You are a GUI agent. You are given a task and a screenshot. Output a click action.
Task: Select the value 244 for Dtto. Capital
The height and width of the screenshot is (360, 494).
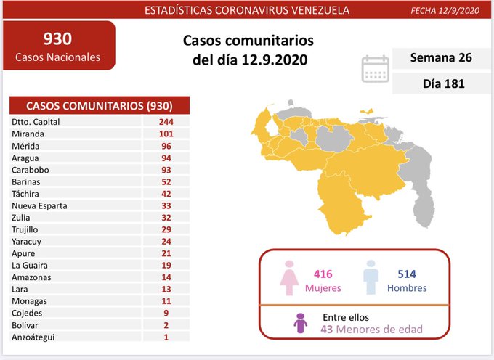[166, 122]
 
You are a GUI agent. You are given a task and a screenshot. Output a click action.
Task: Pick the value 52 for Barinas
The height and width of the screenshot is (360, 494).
[166, 181]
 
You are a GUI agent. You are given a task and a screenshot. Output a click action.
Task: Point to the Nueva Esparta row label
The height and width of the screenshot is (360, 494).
[39, 205]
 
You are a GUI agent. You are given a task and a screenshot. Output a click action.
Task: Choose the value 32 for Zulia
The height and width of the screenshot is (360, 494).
[166, 217]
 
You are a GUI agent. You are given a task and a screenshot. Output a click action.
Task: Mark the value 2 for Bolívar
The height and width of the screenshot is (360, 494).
[166, 324]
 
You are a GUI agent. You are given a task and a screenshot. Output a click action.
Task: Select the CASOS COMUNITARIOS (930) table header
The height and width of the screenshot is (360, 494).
[99, 105]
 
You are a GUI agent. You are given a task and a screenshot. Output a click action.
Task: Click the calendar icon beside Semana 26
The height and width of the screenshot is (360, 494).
[375, 68]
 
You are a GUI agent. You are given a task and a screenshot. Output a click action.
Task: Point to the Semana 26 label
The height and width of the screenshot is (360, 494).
[441, 57]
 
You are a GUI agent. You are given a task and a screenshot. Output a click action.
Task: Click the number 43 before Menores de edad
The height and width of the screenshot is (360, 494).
[328, 330]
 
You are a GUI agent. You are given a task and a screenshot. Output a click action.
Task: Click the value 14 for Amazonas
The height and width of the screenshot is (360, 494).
[166, 277]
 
